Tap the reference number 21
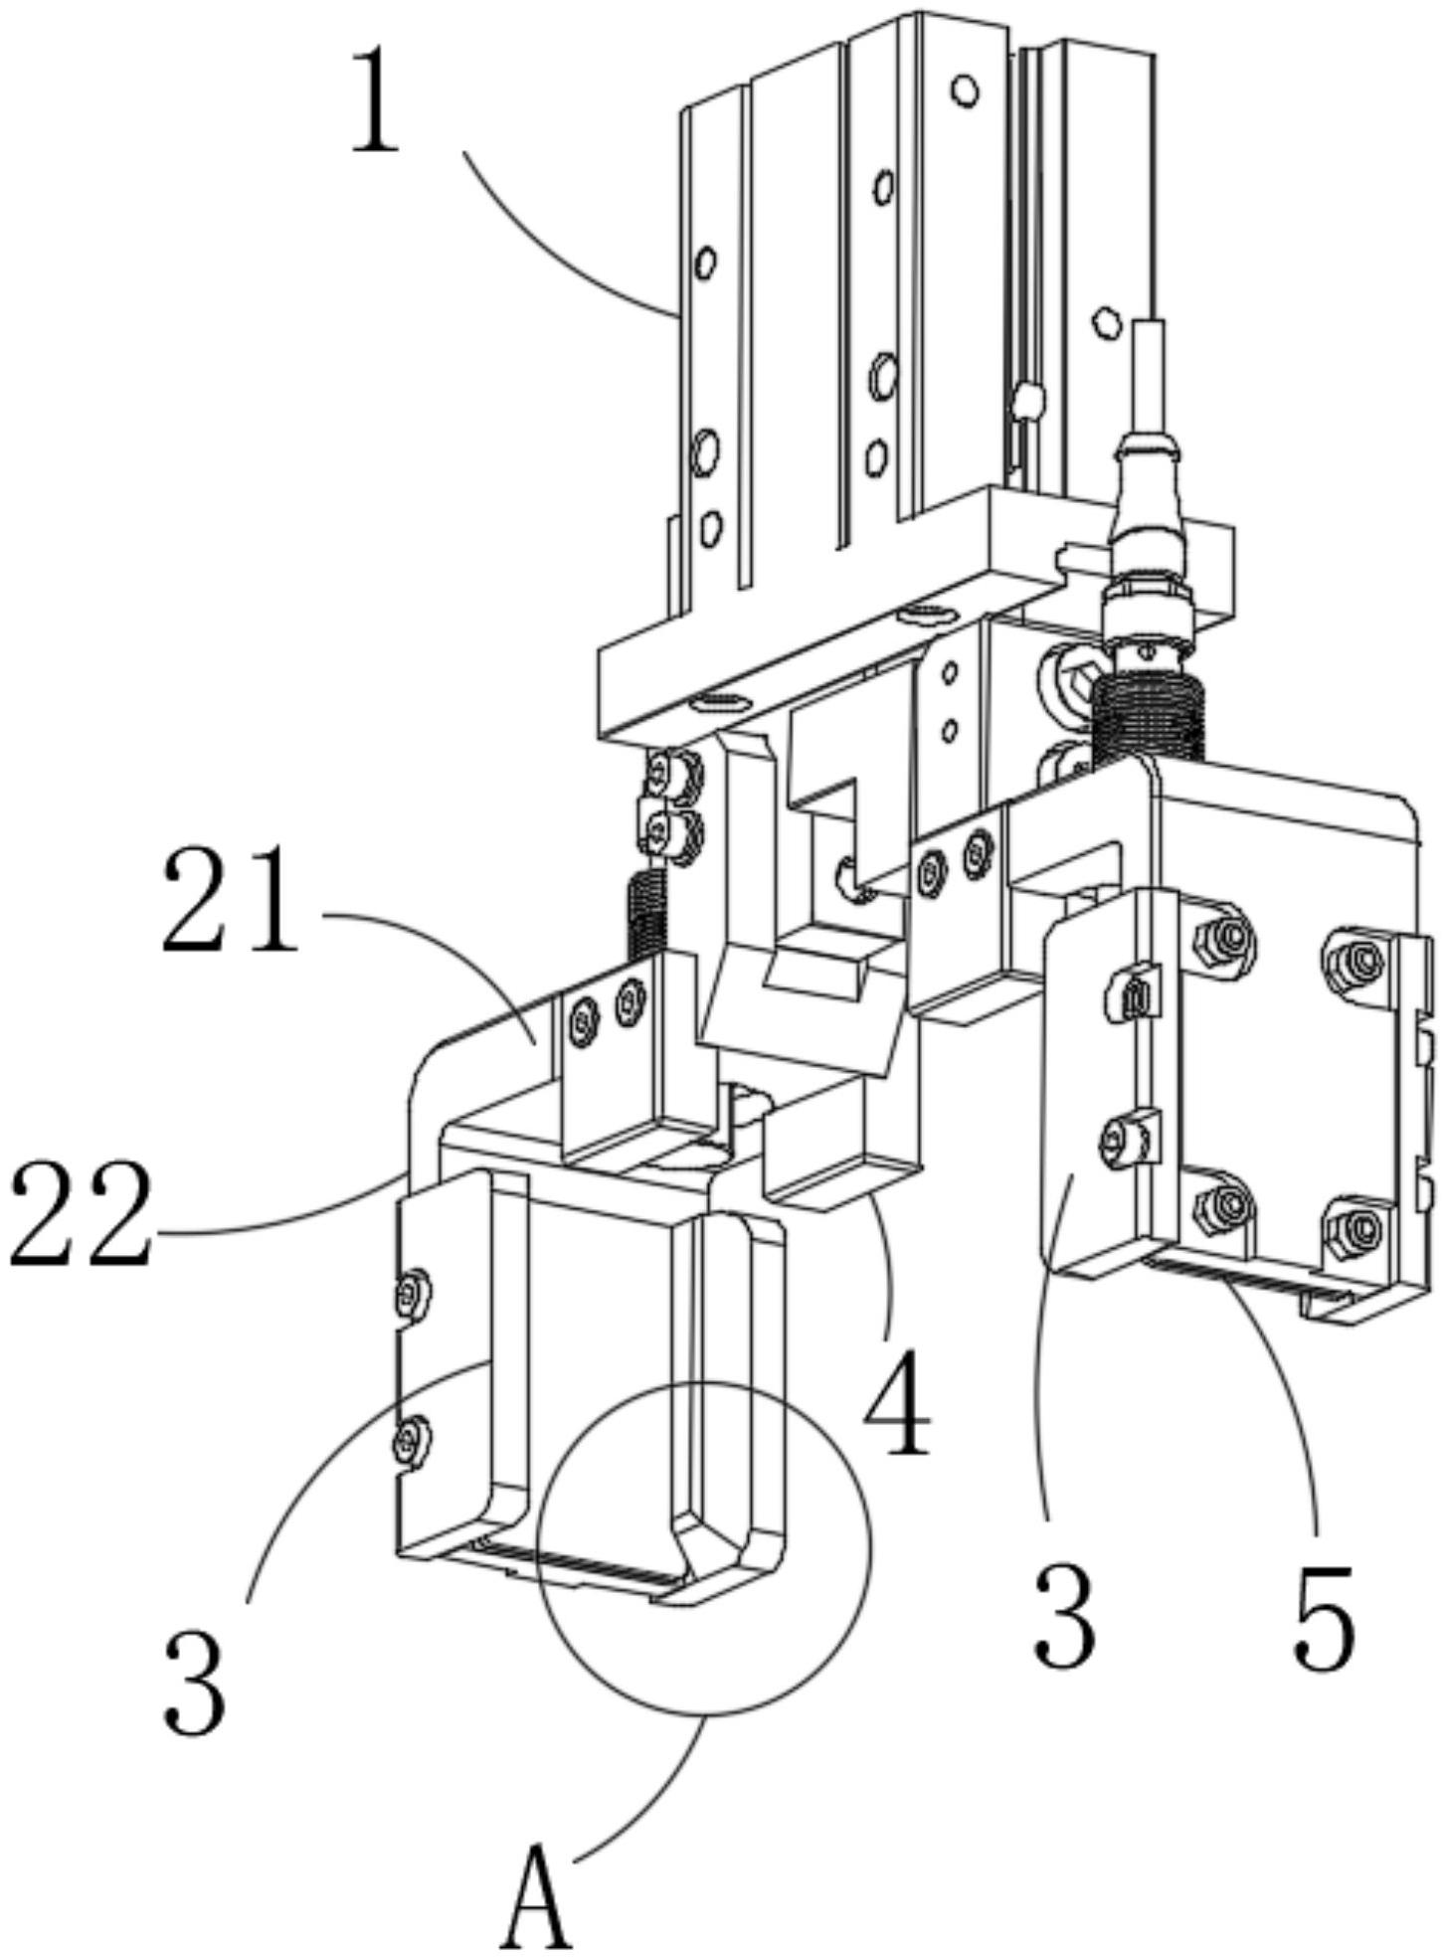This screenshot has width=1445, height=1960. pyautogui.click(x=230, y=901)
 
